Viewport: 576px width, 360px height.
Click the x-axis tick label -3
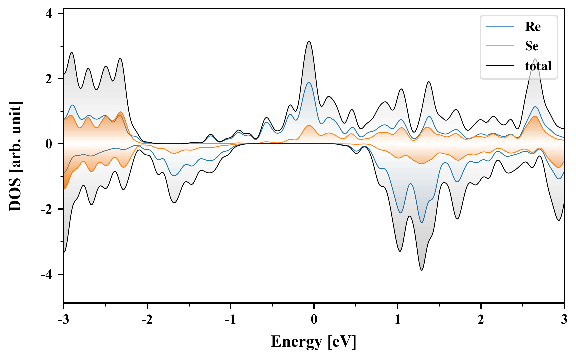click(63, 320)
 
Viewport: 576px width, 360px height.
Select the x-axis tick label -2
click(147, 320)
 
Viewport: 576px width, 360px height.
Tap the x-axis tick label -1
click(230, 320)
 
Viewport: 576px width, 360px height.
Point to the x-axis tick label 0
click(314, 320)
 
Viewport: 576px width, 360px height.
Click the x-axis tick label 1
click(397, 320)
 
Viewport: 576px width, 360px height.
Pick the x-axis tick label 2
click(481, 320)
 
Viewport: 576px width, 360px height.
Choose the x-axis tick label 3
click(564, 320)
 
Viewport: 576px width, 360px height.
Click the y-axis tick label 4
click(49, 14)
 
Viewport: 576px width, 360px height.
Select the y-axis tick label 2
click(49, 79)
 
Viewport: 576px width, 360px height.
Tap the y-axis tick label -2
click(47, 209)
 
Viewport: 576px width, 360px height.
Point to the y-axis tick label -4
click(47, 275)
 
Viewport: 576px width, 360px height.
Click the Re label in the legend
click(533, 27)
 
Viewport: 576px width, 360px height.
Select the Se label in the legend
click(532, 46)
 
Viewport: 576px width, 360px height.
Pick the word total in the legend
click(538, 66)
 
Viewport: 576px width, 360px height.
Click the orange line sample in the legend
click(500, 46)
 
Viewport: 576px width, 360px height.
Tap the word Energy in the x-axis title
click(296, 342)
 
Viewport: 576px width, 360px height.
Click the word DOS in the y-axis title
click(15, 197)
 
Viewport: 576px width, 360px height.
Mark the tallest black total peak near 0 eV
click(309, 41)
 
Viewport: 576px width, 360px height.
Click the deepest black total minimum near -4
click(422, 270)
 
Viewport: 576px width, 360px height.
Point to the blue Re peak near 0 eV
click(309, 82)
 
